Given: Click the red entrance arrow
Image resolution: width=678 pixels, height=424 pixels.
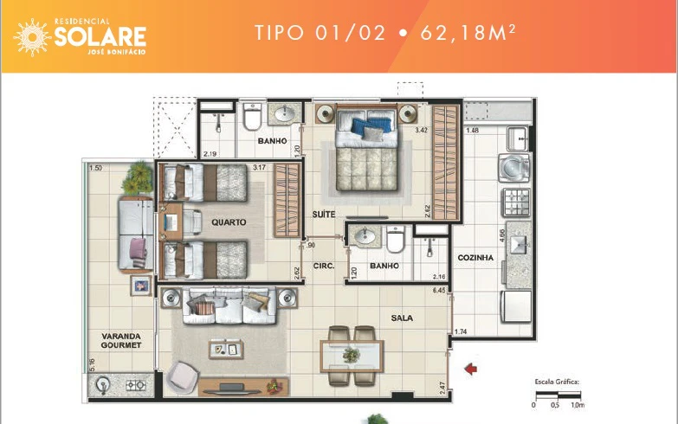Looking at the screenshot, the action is pos(470,369).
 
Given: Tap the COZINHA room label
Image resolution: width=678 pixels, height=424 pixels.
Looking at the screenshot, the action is pos(475,258).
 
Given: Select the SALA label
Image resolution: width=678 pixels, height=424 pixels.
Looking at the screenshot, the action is pos(402,318).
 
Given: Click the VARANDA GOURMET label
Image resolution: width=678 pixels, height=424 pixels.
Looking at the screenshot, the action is pos(121,341).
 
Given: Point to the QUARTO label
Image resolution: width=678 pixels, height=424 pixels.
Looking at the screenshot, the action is pos(229,222).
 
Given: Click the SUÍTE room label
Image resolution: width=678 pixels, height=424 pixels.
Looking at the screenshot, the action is pos(324,214).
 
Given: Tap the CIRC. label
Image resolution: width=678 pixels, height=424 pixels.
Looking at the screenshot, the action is pos(324,266).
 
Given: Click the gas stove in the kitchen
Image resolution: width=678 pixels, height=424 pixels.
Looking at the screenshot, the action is pos(515,202).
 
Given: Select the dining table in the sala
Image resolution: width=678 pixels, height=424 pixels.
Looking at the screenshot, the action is pos(352,356).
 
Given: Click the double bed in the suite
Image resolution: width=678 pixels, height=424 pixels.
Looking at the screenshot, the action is pos(366,148).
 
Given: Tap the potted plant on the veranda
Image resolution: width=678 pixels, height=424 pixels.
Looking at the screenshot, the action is pos(138,178).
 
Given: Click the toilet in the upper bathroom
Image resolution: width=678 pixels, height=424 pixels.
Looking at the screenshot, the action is pos(252,116).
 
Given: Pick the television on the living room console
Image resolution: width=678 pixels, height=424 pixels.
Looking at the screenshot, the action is pos(232,389).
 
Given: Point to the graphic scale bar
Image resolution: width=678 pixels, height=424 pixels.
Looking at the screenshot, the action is pos(558,395).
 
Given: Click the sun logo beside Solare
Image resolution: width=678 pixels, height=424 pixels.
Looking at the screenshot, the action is pos(32,37).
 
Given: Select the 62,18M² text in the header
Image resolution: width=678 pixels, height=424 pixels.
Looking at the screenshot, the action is pos(468,33).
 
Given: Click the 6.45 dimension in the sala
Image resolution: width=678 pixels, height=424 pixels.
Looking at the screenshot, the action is pos(438,291).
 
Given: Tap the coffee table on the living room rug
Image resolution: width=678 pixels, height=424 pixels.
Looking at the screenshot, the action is pos(226,350).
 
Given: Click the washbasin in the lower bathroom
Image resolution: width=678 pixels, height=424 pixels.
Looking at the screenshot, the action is pos(365,236).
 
